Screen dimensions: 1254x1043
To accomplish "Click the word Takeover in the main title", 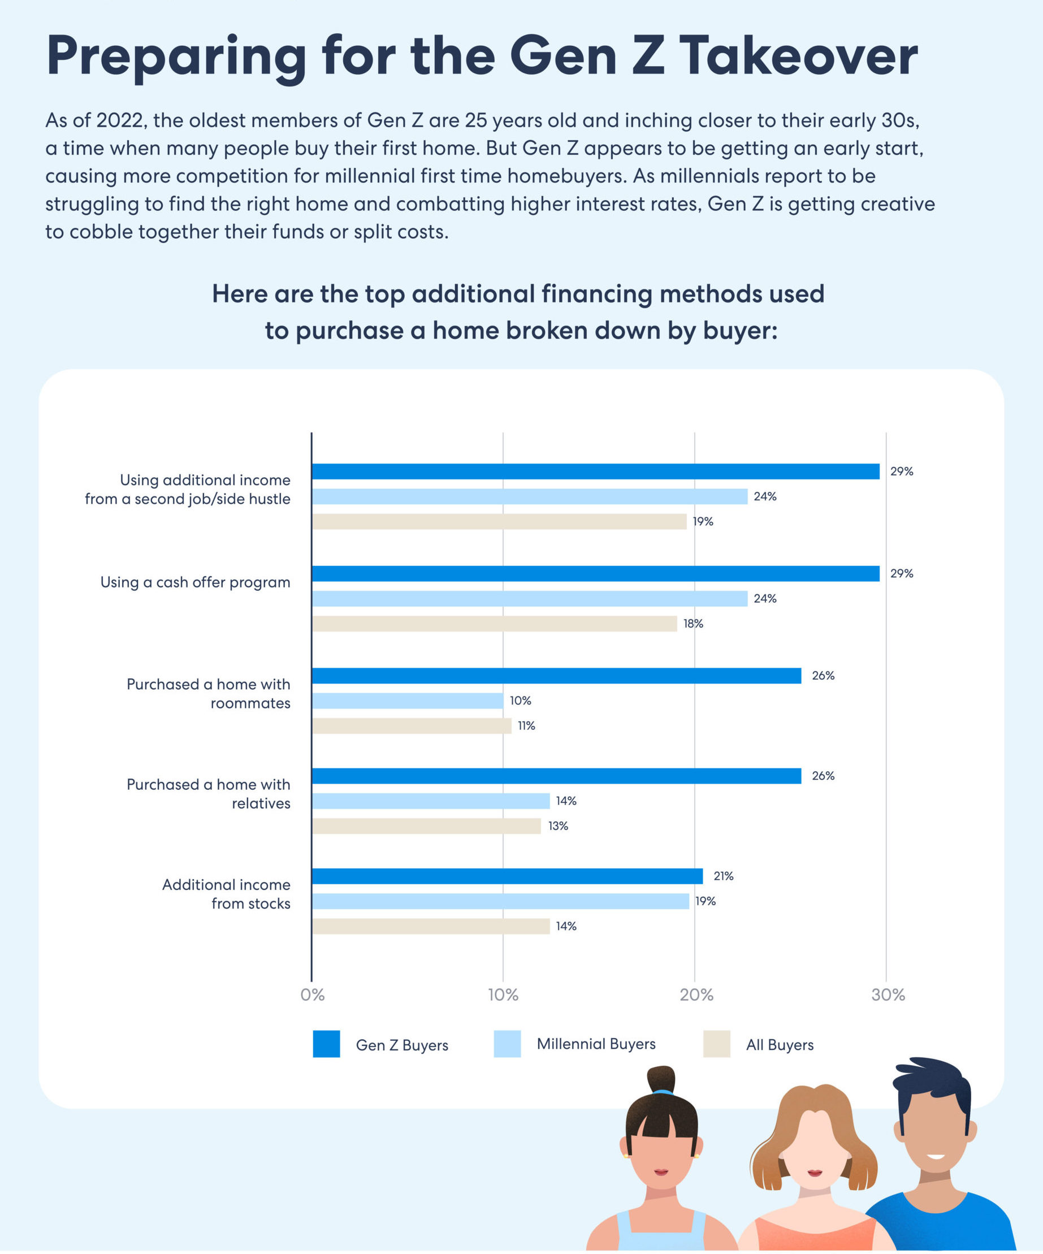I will (x=798, y=55).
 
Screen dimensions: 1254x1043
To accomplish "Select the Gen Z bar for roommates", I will (x=556, y=676).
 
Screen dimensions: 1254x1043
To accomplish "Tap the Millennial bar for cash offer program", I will (x=529, y=598).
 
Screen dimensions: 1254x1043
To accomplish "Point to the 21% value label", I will (x=723, y=876).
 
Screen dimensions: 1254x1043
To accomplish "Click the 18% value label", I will (x=693, y=624).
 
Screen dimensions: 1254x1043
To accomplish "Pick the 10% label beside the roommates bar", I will (x=520, y=700).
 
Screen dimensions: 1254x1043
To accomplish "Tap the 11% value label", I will (x=526, y=725).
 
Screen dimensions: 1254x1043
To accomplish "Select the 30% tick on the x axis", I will (x=888, y=995).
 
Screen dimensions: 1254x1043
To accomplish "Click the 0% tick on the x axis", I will (x=312, y=995).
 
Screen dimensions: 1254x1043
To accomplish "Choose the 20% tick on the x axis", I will (x=696, y=995).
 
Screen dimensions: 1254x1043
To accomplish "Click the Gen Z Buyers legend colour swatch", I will (x=327, y=1044).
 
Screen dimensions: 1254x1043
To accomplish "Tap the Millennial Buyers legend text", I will (x=596, y=1044).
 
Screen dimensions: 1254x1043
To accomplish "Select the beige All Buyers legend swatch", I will (x=716, y=1044).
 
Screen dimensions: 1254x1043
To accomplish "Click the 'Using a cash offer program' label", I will (x=195, y=582).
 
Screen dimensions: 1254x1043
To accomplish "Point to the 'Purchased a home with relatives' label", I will (x=209, y=794).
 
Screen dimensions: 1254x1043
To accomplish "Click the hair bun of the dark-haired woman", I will (x=661, y=1080).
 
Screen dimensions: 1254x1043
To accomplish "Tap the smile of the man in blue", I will (x=936, y=1157).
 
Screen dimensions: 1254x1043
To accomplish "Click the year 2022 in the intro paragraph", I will (x=120, y=120).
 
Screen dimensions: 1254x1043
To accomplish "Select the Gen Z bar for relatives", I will (x=556, y=776).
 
